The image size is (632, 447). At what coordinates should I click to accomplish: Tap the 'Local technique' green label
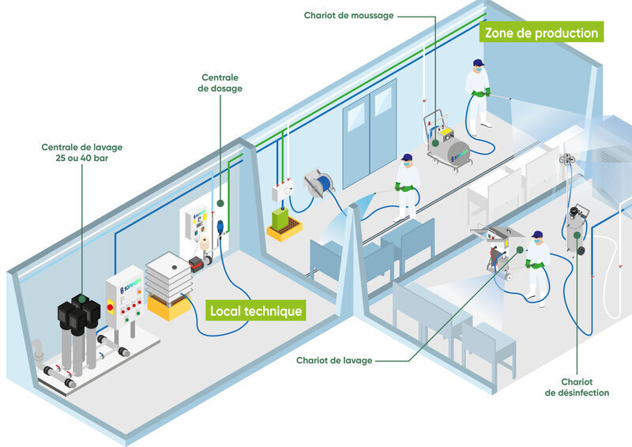[x=255, y=310]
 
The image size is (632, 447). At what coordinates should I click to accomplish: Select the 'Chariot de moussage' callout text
[x=348, y=15]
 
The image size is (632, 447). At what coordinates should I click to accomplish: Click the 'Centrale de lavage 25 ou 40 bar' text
[x=82, y=152]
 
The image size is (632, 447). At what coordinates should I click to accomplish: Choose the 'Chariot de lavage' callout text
[x=334, y=361]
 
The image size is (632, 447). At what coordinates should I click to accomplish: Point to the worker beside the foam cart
[x=478, y=92]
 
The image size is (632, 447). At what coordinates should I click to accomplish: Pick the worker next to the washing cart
[x=538, y=266]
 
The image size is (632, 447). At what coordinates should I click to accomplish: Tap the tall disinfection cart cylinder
[x=574, y=229]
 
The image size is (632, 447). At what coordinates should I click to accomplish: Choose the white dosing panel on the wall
[x=194, y=229]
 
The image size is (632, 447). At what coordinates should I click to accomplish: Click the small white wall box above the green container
[x=282, y=193]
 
